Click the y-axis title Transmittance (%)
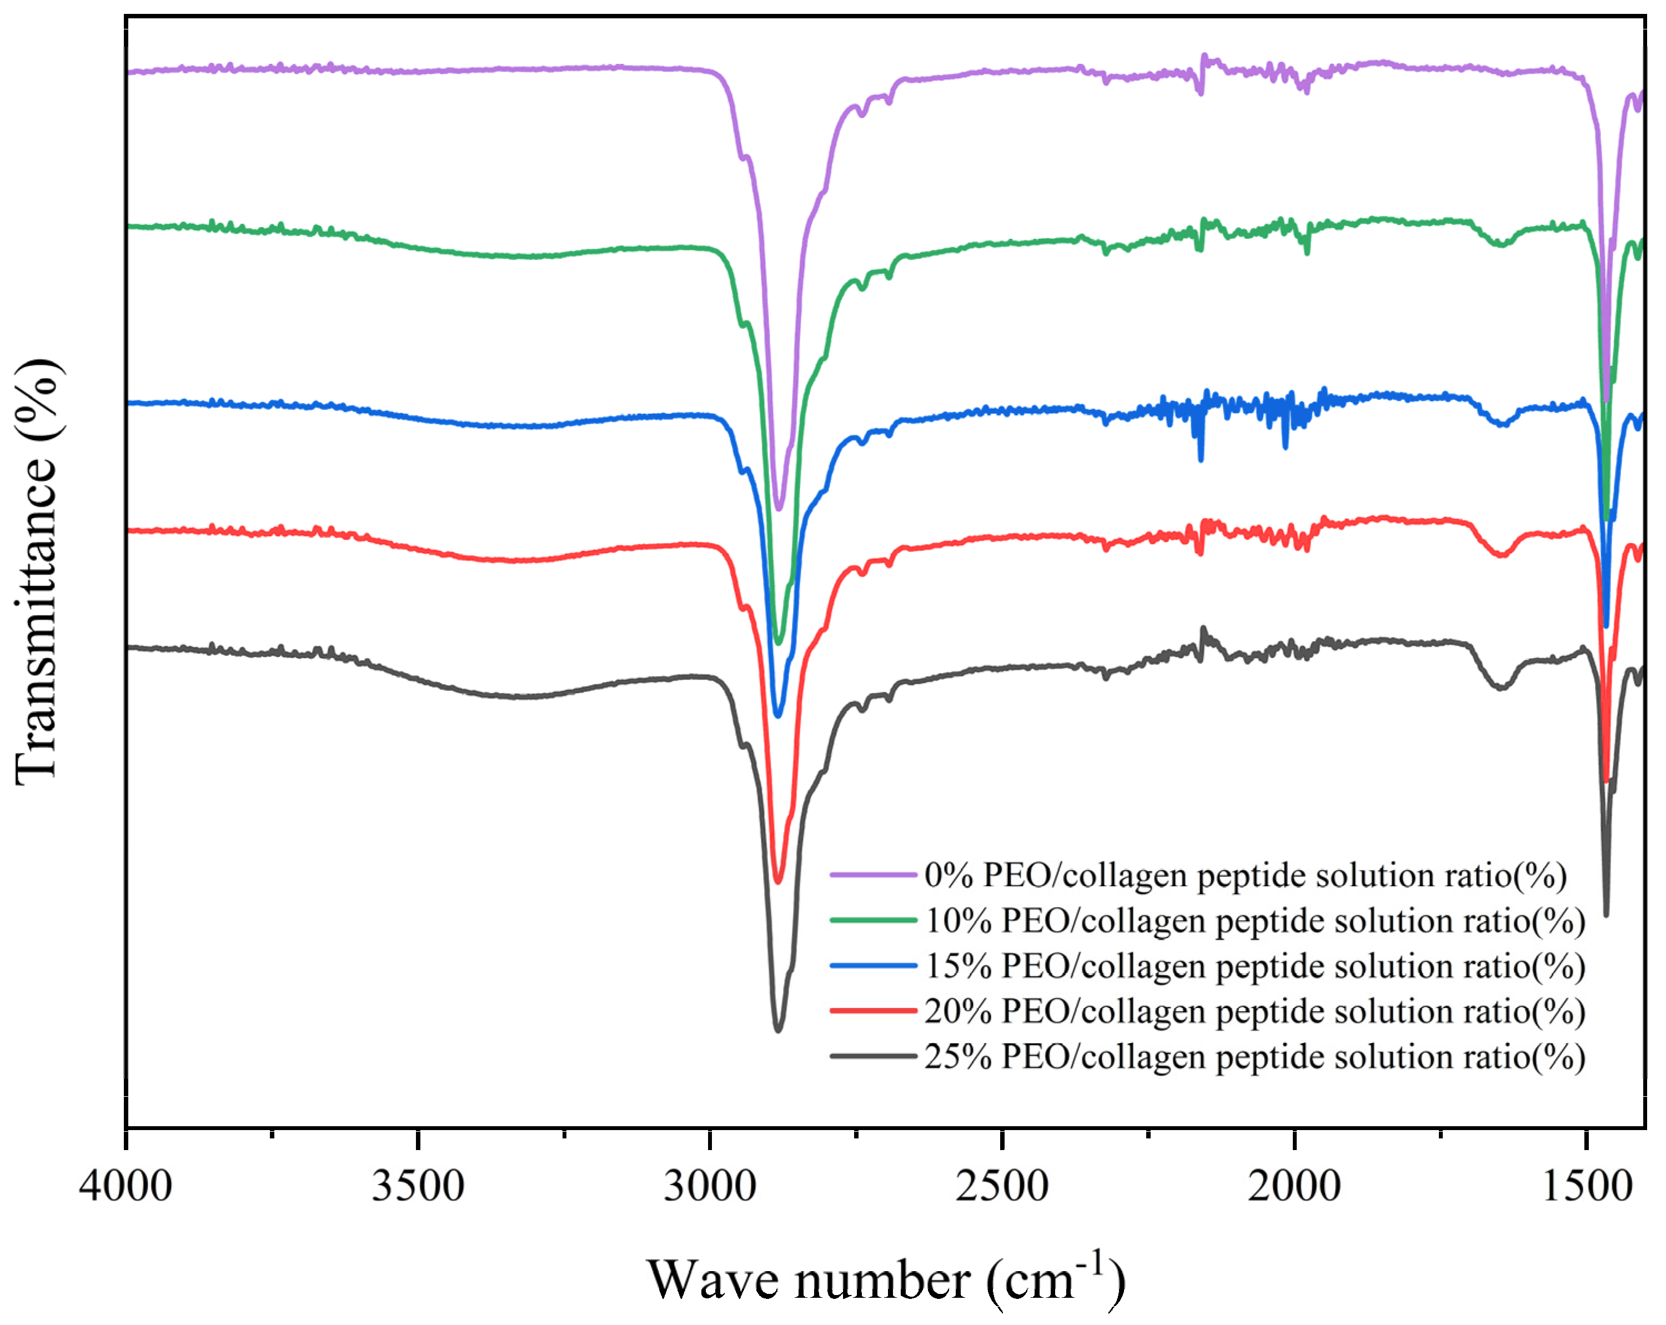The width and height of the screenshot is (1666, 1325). [37, 573]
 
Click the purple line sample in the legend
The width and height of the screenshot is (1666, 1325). [873, 875]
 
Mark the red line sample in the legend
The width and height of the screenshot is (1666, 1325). [873, 1011]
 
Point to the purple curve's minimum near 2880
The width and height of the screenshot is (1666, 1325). [779, 508]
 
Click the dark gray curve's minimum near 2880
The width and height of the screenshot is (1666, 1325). [778, 1030]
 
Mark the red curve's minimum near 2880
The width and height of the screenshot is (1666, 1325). [778, 881]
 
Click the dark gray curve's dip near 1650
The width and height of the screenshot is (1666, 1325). [1501, 687]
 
